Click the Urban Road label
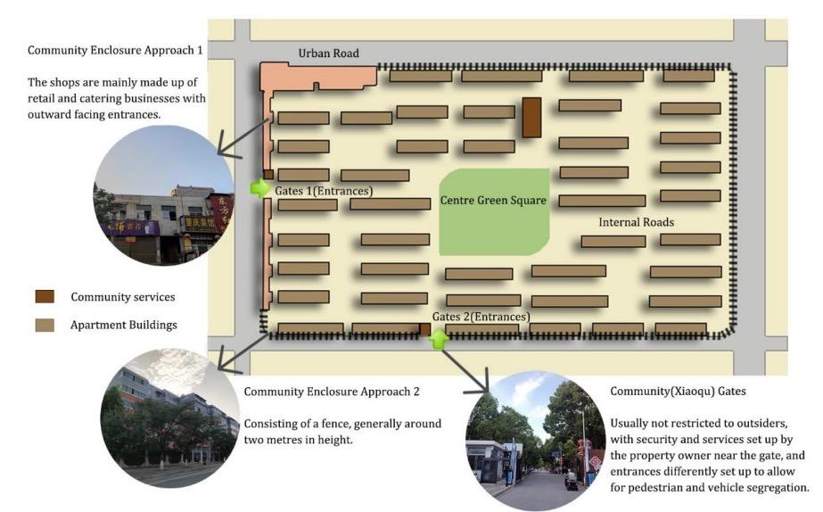click(x=328, y=54)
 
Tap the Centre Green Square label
click(x=492, y=201)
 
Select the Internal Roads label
click(x=636, y=221)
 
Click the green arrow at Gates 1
click(x=259, y=188)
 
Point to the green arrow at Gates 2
click(x=438, y=338)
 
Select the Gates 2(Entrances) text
click(x=481, y=316)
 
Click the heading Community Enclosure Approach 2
click(x=332, y=391)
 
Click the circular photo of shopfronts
click(x=163, y=195)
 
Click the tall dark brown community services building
click(x=531, y=118)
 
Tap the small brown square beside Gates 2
click(x=425, y=329)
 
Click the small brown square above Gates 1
click(x=267, y=173)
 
